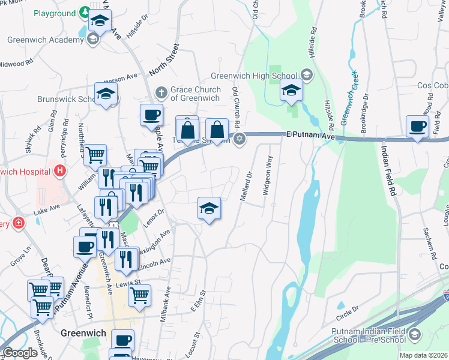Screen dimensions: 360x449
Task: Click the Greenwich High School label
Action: coord(254,76)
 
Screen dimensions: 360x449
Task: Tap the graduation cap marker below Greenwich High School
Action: coord(292,92)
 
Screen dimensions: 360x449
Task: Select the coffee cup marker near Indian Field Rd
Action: coord(417,127)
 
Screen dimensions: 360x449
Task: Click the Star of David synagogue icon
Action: coord(240,139)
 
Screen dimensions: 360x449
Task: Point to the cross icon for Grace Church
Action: coord(160,92)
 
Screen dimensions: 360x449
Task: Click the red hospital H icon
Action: coord(59,171)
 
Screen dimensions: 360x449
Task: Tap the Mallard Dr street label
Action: coord(246,187)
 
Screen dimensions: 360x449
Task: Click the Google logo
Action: coord(20,353)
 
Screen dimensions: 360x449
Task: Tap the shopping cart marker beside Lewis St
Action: coord(139,295)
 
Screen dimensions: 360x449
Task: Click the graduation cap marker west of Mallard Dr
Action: coord(209,209)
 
